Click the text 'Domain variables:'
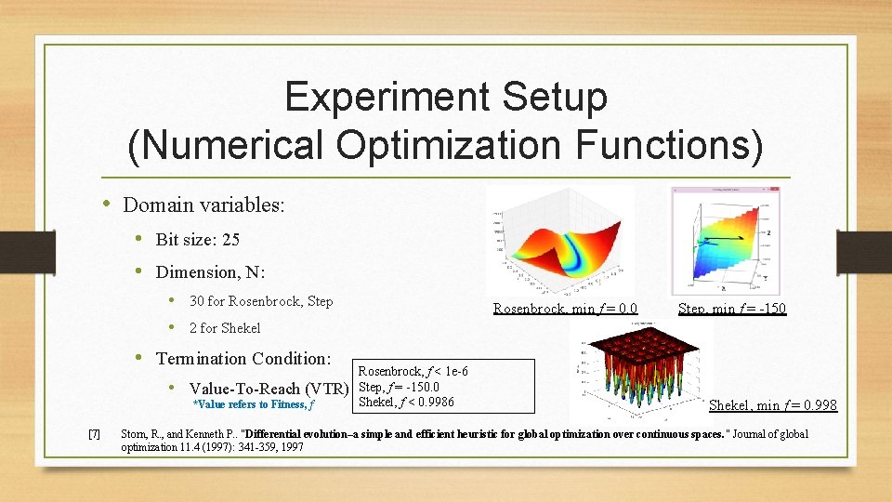(x=203, y=205)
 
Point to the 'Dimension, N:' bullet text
(x=210, y=272)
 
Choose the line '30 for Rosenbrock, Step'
(x=261, y=301)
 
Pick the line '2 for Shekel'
(x=225, y=327)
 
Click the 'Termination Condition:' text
(x=243, y=358)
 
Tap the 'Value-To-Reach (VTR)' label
(x=269, y=388)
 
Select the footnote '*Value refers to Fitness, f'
(x=253, y=404)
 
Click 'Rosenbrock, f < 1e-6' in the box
(x=413, y=372)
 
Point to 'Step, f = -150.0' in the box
(x=399, y=387)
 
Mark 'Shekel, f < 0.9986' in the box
(x=406, y=402)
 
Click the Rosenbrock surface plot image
(x=561, y=241)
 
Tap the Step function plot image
(x=726, y=241)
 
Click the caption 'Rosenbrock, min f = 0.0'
(x=565, y=308)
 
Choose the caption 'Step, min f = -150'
(x=732, y=308)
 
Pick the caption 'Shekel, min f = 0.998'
(x=772, y=405)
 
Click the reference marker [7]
(x=94, y=434)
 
